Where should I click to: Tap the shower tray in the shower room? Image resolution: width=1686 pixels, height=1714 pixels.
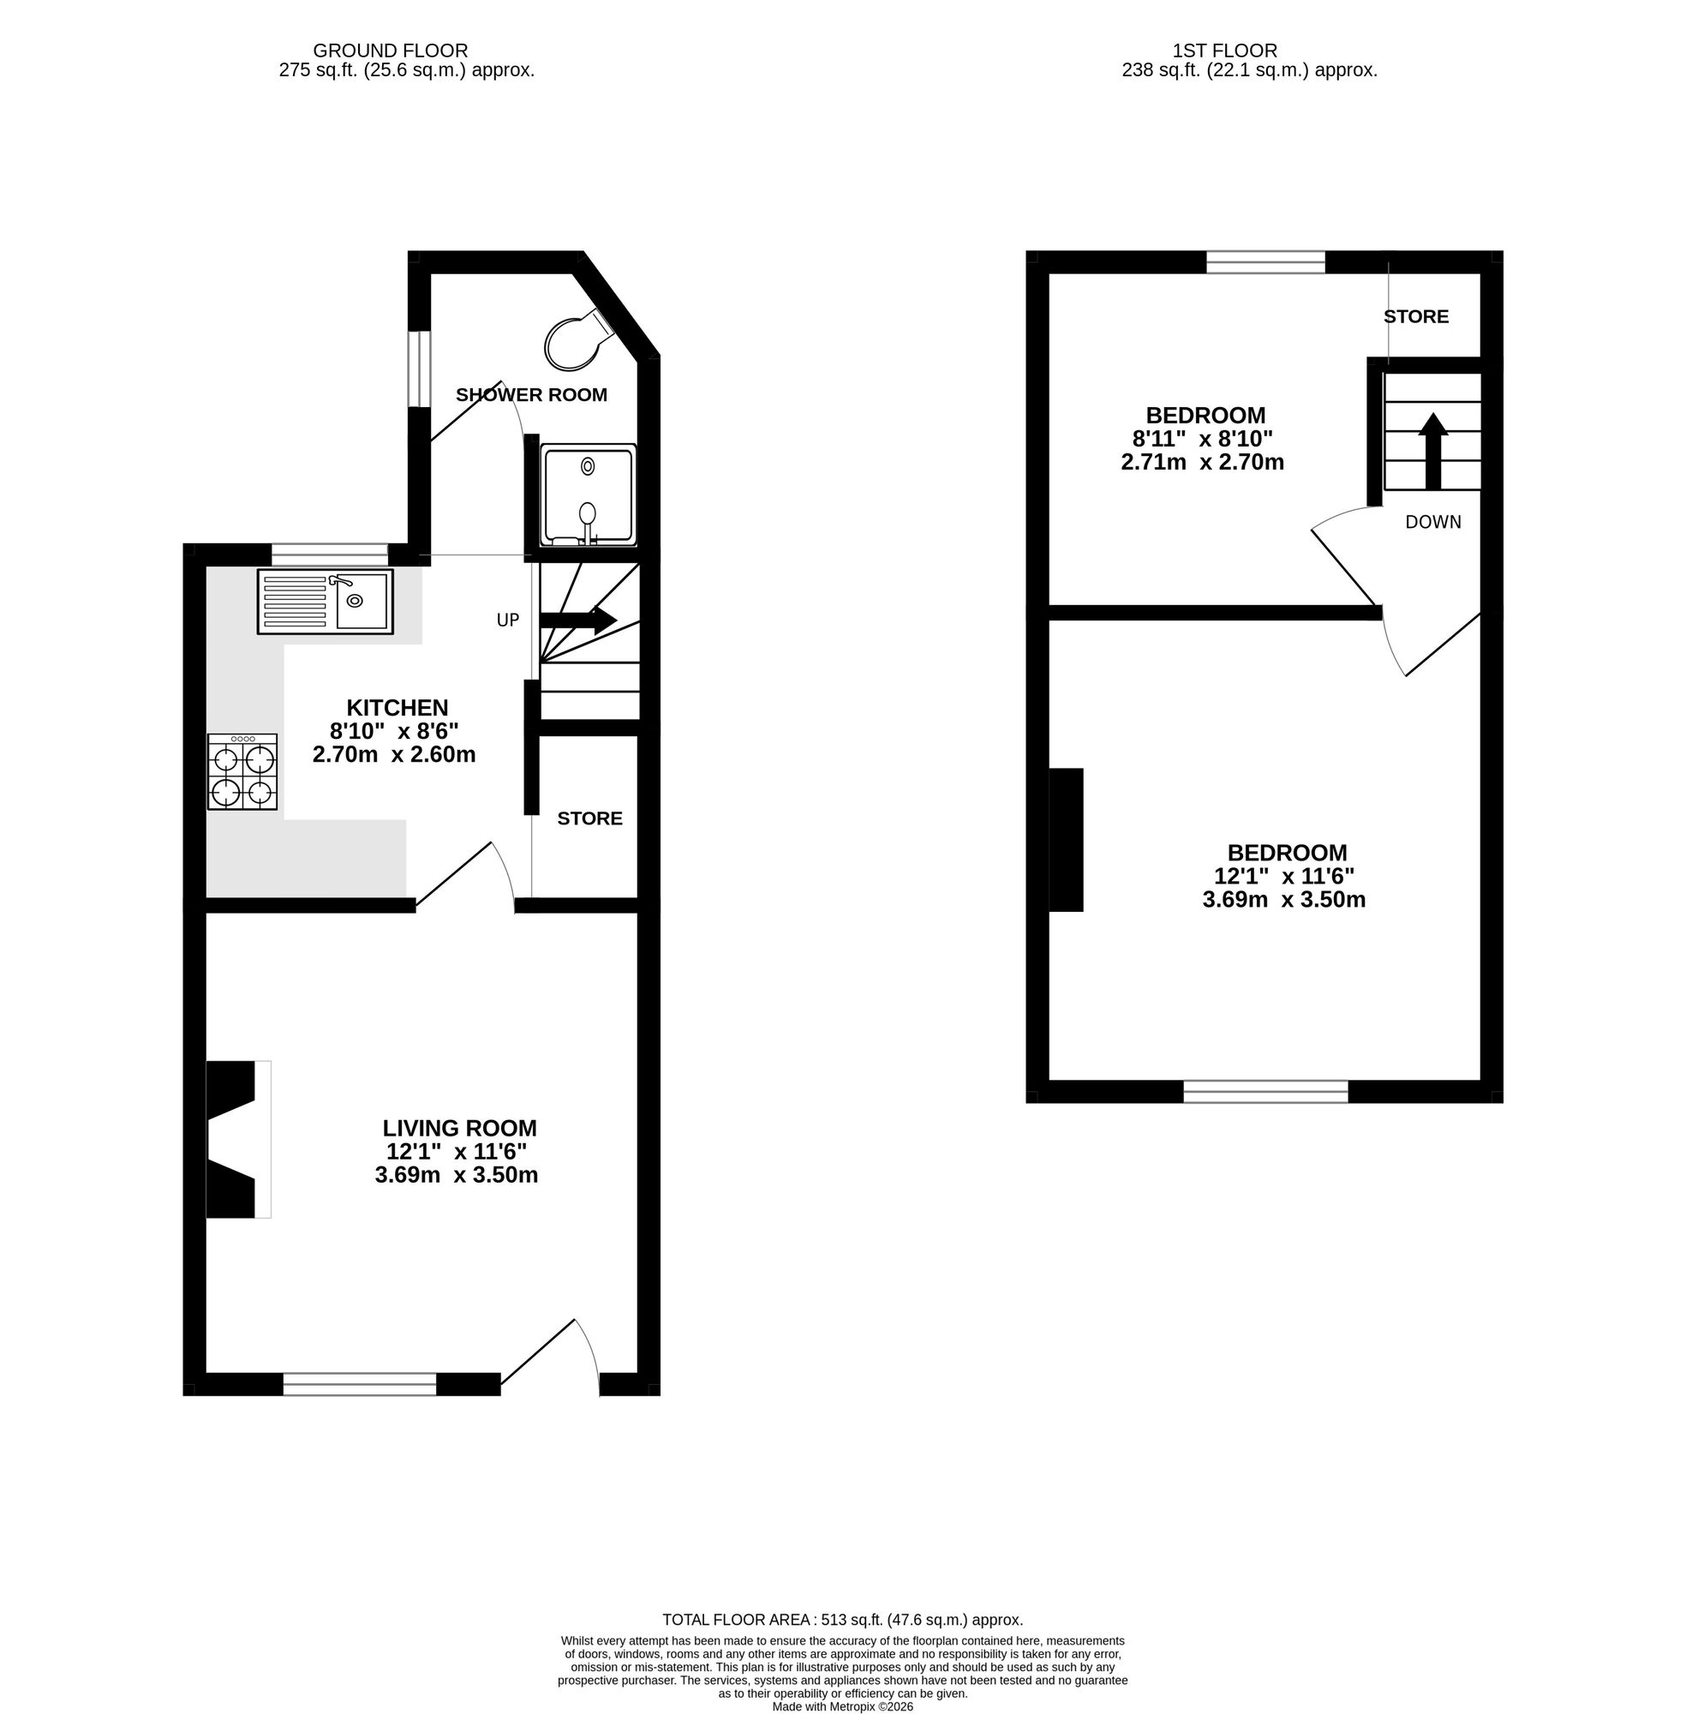pos(589,494)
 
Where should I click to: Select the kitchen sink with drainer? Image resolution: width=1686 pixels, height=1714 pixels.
pos(325,602)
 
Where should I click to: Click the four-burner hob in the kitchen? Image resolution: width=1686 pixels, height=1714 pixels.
pos(242,771)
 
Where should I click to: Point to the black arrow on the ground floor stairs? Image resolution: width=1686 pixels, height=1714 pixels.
pos(577,620)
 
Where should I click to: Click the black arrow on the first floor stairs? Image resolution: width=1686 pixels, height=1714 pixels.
pos(1432,450)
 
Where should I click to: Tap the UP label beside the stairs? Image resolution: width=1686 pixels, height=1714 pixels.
pos(507,620)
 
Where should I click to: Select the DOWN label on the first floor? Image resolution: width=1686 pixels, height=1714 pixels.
pos(1432,523)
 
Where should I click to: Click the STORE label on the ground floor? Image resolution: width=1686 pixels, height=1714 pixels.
pos(589,818)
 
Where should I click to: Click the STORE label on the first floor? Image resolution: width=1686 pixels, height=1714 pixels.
pos(1416,316)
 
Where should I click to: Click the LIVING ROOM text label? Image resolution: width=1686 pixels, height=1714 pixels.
pos(458,1128)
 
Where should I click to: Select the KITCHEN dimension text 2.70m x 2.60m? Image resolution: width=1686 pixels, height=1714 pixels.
pos(394,755)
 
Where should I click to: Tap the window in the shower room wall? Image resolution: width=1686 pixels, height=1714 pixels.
pos(419,369)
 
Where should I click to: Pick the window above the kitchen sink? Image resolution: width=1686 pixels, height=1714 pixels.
pos(330,554)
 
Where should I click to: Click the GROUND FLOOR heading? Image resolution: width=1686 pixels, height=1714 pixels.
pos(391,51)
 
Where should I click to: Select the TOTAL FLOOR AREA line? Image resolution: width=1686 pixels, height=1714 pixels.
pos(842,1619)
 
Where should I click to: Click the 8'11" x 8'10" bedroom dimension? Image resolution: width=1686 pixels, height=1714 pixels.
pos(1202,439)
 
